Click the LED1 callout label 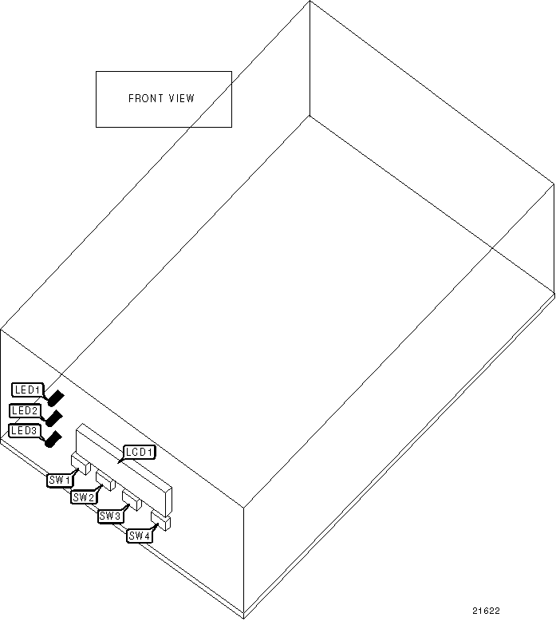click(x=28, y=390)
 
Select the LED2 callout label click(x=25, y=410)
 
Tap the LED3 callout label click(x=24, y=430)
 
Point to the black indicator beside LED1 click(x=57, y=396)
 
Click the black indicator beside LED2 click(x=54, y=417)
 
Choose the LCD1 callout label click(x=139, y=453)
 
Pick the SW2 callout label click(x=83, y=497)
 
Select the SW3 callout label click(x=110, y=516)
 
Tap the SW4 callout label click(x=139, y=536)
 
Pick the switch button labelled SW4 click(x=160, y=520)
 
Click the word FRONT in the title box click(x=145, y=99)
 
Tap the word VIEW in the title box click(x=181, y=99)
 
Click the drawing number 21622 click(x=486, y=611)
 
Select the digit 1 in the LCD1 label click(x=150, y=453)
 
